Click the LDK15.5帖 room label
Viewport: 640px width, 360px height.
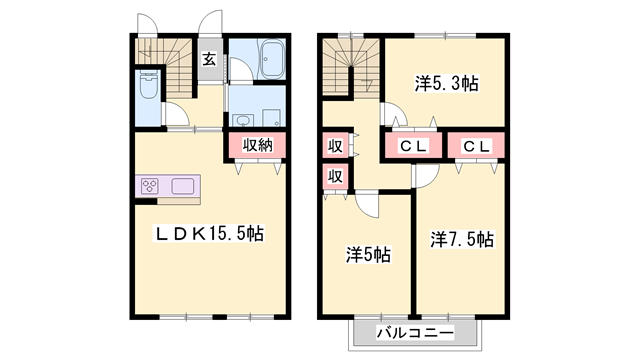click(x=209, y=233)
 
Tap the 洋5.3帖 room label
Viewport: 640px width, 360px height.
click(x=447, y=84)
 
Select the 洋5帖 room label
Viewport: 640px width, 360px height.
click(x=367, y=255)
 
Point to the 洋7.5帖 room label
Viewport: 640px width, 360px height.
click(x=461, y=240)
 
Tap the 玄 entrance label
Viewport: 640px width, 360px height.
click(x=209, y=58)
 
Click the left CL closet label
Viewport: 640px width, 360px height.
click(x=414, y=146)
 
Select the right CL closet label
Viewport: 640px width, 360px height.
click(x=475, y=146)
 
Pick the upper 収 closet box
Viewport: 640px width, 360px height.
click(x=336, y=145)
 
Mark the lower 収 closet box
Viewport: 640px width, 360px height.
click(x=336, y=177)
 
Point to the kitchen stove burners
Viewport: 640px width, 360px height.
click(x=151, y=186)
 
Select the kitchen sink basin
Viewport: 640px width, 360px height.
click(x=185, y=186)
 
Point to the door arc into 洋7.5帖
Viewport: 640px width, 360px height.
click(x=424, y=176)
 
